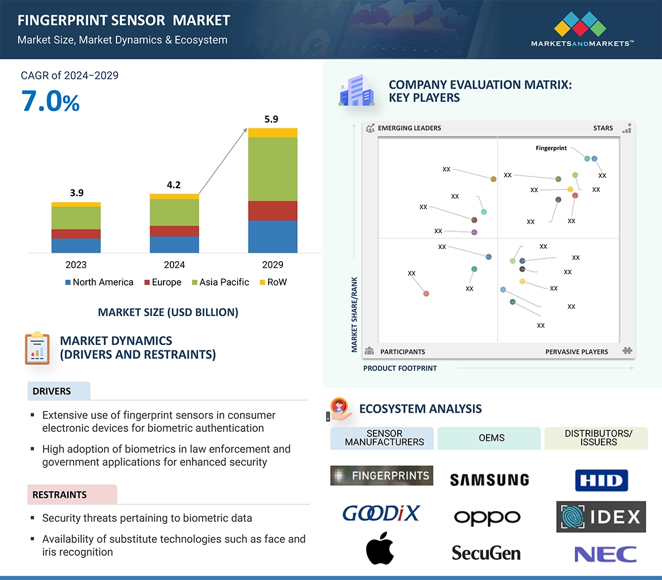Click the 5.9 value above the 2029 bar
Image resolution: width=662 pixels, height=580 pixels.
pos(272,119)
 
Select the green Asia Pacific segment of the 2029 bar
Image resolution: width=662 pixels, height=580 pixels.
pos(272,168)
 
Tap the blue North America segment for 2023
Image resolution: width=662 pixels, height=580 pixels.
pos(76,245)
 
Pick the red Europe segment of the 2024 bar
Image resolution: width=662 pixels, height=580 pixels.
pos(174,231)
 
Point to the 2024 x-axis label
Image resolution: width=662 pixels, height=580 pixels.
pos(174,265)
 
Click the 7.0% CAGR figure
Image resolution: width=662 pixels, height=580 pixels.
pos(51,102)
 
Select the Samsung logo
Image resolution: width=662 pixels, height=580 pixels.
pos(489,480)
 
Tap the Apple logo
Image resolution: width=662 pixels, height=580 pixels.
pos(380,548)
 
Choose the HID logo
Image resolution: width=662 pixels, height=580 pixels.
pos(601,481)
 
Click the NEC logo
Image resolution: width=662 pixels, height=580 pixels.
pos(605,554)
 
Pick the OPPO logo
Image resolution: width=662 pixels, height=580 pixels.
pos(487,517)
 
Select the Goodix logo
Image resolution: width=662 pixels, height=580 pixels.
pos(381,513)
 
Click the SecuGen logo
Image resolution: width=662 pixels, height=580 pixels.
pos(486,552)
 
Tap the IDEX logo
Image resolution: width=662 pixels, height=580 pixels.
pos(601,517)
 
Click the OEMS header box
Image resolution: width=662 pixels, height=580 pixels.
pos(491,438)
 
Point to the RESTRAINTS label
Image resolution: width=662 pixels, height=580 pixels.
pos(59,495)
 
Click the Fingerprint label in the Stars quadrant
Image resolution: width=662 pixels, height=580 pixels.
pos(551,148)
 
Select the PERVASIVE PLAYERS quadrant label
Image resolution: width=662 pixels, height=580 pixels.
pos(576,352)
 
